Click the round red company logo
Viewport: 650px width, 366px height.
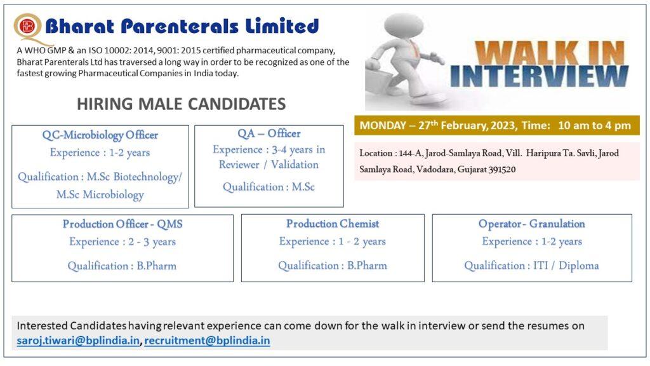click(x=27, y=27)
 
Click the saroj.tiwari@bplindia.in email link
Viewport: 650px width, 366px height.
click(x=78, y=341)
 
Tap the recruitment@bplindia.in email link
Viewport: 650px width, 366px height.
click(x=207, y=341)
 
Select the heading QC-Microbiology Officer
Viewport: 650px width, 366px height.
click(x=100, y=135)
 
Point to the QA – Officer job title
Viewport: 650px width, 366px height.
click(x=269, y=133)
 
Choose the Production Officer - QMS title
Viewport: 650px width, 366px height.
click(x=123, y=224)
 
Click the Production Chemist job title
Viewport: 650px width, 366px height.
click(x=333, y=224)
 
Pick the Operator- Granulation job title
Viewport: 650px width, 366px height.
click(x=531, y=224)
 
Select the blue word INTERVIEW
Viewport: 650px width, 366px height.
click(x=540, y=76)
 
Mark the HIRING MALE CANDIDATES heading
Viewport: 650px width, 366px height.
click(x=181, y=104)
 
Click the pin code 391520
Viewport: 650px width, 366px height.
click(x=502, y=169)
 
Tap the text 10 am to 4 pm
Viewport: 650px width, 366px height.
click(x=594, y=125)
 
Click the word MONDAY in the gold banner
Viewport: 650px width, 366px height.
click(x=383, y=125)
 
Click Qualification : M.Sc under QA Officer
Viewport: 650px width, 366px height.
click(x=269, y=187)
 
